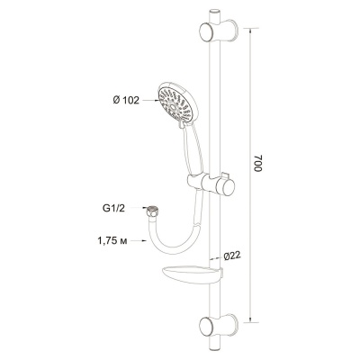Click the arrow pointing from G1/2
(x=139, y=208)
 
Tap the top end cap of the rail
(x=214, y=11)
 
